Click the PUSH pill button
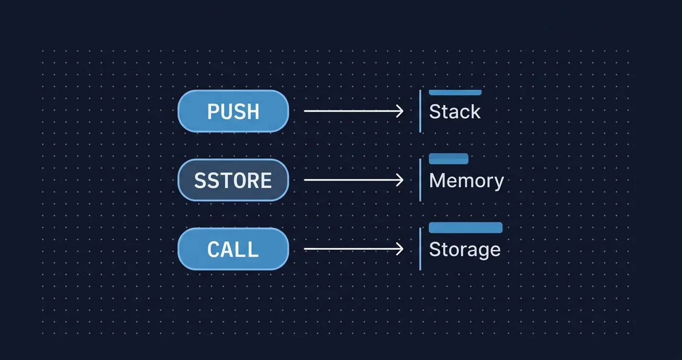[233, 111]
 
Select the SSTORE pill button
[233, 180]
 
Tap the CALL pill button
[233, 249]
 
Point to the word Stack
[455, 112]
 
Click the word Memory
[466, 181]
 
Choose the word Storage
[465, 249]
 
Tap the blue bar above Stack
[455, 92]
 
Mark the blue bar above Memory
[448, 158]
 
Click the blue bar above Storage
[465, 227]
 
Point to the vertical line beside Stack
[420, 111]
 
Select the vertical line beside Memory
[420, 180]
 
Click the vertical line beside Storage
[420, 249]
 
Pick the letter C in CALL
[214, 249]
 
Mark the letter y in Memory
[499, 182]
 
